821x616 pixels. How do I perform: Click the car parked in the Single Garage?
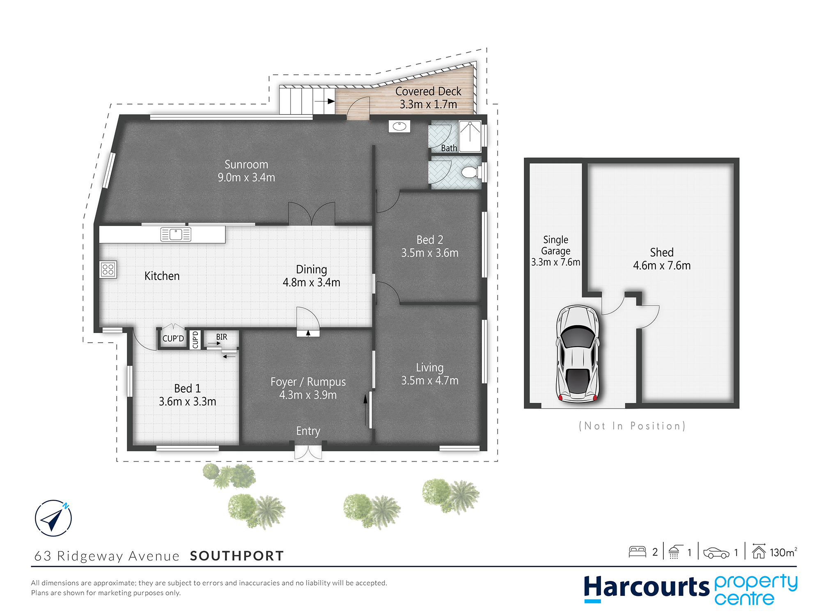tap(578, 354)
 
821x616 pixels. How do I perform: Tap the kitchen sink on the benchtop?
tap(176, 234)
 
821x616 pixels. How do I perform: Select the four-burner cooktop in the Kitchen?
tap(108, 269)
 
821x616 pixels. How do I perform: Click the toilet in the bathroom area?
tap(472, 172)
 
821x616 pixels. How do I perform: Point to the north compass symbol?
tap(53, 518)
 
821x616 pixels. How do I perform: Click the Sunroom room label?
tap(246, 164)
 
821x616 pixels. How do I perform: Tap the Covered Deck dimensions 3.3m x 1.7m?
tap(428, 104)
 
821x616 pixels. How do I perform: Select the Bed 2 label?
tap(430, 239)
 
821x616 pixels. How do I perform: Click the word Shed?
tap(662, 252)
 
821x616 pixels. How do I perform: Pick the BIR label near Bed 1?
tap(222, 337)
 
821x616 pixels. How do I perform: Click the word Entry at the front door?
tap(308, 431)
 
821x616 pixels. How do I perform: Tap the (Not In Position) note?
tap(632, 426)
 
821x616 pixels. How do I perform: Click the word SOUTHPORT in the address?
tap(237, 556)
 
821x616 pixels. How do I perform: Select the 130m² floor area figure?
tap(783, 552)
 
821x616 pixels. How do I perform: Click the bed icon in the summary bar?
tap(638, 552)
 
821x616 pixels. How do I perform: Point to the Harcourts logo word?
tap(647, 587)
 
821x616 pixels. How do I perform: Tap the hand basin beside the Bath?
tap(399, 126)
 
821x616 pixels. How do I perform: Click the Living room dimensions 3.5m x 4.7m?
tap(430, 380)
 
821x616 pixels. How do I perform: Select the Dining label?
tap(312, 269)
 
